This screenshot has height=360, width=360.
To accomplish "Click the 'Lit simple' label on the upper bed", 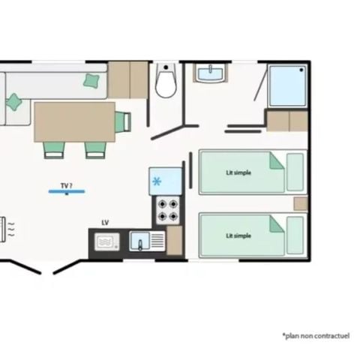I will [x=238, y=172].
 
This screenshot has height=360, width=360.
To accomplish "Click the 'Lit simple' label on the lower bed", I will [x=238, y=235].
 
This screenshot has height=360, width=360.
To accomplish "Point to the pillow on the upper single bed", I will [x=295, y=172].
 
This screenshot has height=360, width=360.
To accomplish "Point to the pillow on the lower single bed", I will [x=295, y=235].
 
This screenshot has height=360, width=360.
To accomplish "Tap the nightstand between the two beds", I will [x=300, y=204].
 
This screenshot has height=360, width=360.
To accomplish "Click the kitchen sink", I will [x=142, y=241].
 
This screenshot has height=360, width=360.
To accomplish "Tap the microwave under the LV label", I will [x=106, y=242].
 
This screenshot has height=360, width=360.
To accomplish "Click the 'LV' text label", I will [x=105, y=223].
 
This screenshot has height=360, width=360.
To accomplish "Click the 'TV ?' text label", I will [x=67, y=184].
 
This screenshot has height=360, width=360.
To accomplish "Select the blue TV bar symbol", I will [x=67, y=192].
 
